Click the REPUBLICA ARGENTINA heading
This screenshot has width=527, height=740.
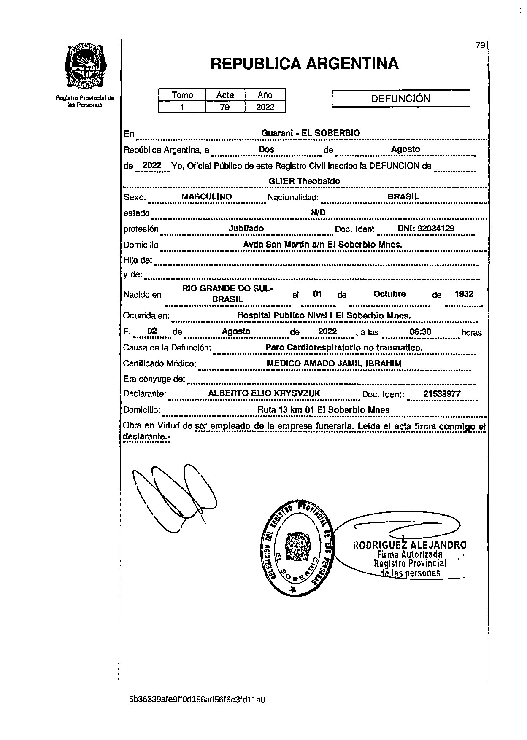[x=304, y=63]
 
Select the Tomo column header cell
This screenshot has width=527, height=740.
[x=182, y=95]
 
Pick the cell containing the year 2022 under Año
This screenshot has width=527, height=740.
[x=265, y=107]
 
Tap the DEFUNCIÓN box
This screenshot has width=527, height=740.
[x=400, y=99]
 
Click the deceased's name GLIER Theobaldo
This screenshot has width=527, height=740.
[x=304, y=181]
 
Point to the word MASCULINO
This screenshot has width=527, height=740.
[x=206, y=196]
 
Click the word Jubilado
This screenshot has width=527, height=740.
[x=246, y=229]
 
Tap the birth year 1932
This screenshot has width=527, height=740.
[x=464, y=294]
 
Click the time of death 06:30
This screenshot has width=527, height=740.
[x=420, y=332]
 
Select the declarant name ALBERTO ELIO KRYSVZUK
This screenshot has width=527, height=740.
[x=264, y=393]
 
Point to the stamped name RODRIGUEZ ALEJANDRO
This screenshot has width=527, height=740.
[x=410, y=545]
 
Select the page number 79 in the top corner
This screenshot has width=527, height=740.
[x=480, y=46]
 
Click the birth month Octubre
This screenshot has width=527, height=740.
[x=389, y=294]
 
